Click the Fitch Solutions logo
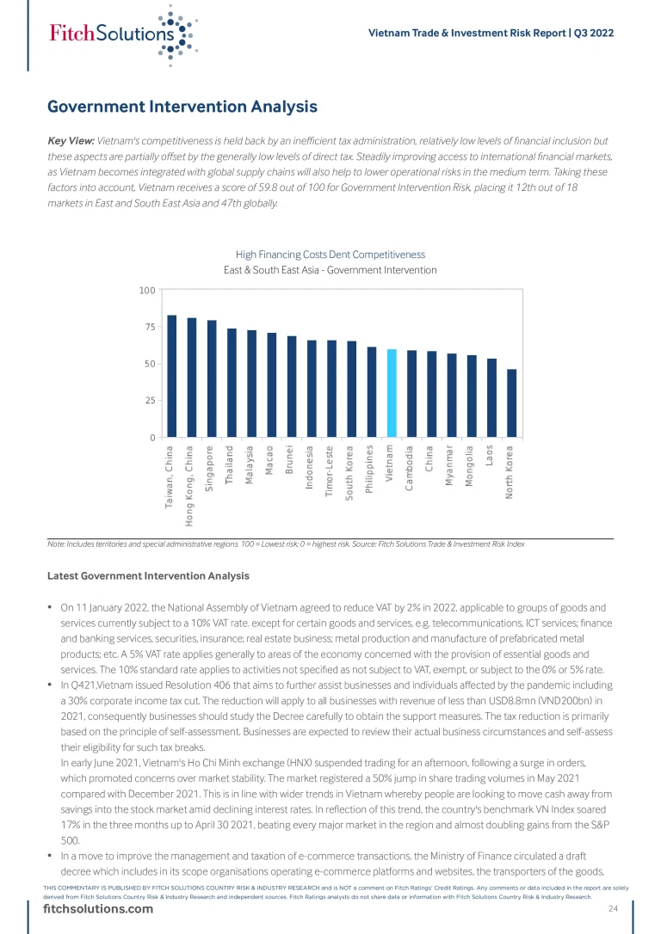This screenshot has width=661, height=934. pos(120,34)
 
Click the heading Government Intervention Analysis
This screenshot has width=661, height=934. pos(182,107)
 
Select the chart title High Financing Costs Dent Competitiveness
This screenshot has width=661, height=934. pos(330,255)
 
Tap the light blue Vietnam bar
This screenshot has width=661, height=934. pos(392,393)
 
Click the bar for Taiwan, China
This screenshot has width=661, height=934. pos(171,376)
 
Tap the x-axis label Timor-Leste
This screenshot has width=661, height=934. pos(331,472)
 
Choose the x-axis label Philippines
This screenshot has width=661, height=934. pos(371,470)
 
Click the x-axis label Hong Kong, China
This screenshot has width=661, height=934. pos(190,484)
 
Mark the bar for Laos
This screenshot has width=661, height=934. pos(491,398)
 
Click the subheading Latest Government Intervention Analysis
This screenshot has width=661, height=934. pos(148,575)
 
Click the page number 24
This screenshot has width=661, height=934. pos(613,909)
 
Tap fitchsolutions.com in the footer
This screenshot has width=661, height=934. pos(98,910)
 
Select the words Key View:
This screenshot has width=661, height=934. pos(71,140)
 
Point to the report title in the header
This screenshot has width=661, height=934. pos(491,34)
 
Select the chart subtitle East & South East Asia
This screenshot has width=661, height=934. pos(330,270)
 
